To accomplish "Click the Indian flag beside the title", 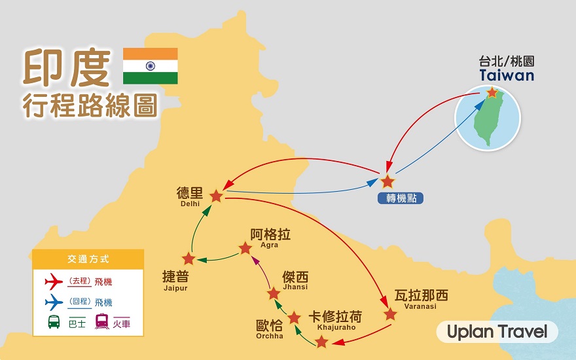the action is (x=151, y=66).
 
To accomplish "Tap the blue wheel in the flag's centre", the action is (x=151, y=66).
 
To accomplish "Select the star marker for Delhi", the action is (x=216, y=196).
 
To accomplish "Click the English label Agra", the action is (x=269, y=245).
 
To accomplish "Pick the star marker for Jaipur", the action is (x=189, y=259).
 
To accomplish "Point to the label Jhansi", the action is (x=295, y=287).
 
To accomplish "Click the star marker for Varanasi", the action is (x=390, y=314).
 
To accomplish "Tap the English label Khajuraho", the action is (x=336, y=327).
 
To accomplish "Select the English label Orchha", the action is (x=270, y=336).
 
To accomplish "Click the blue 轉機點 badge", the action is (x=401, y=198).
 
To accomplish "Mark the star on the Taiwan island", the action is (x=492, y=92).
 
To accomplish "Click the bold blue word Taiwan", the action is (x=507, y=75).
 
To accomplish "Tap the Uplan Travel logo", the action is (x=497, y=332).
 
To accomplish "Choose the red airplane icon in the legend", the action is (x=54, y=281).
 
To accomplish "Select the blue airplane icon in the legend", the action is (x=54, y=302).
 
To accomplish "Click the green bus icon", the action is (x=54, y=322).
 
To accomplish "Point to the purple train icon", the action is (x=101, y=321).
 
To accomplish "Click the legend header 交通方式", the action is (x=88, y=259).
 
